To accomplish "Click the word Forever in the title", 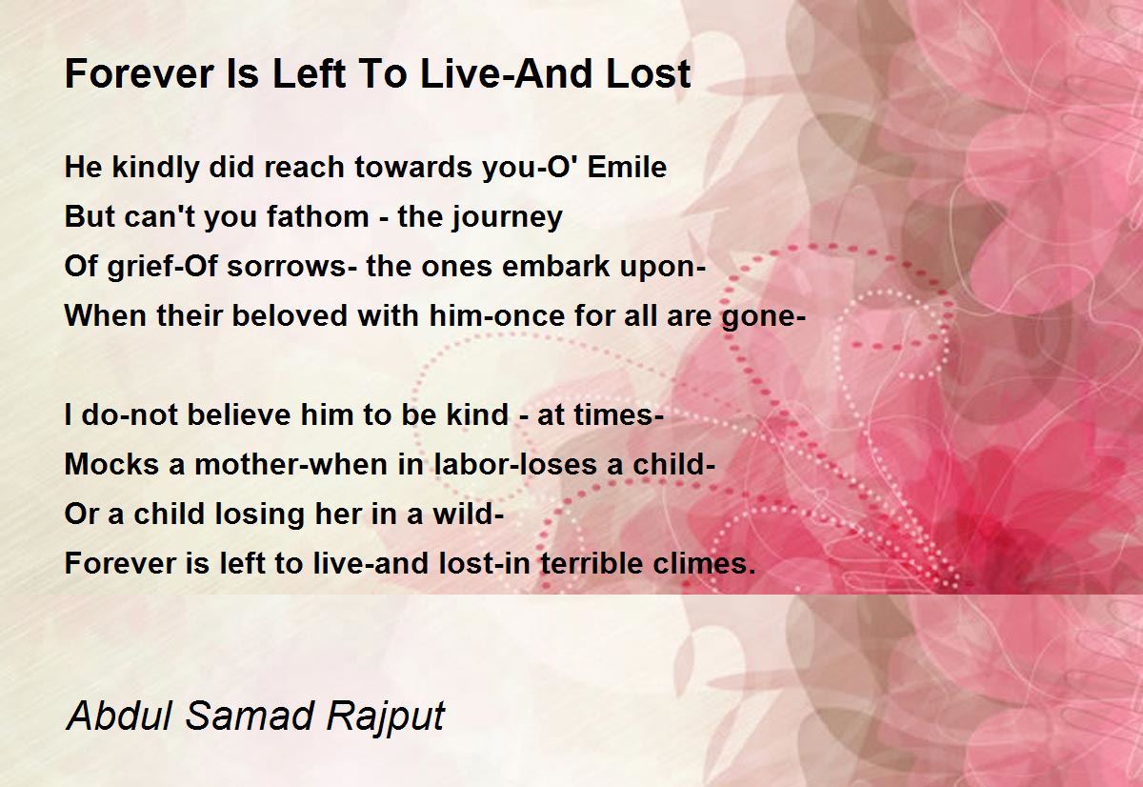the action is click(139, 73).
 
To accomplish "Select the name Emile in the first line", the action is click(627, 167).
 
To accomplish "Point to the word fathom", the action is click(317, 216).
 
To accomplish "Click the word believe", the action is click(239, 414).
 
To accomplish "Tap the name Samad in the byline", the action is click(250, 715).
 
